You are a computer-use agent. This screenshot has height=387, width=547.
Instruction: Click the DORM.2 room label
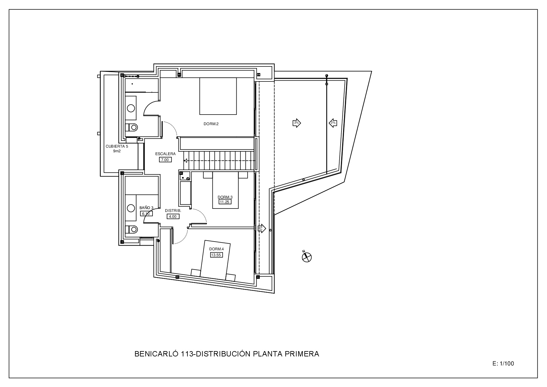[x=211, y=124]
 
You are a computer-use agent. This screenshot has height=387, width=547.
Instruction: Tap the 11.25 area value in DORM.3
[x=225, y=202]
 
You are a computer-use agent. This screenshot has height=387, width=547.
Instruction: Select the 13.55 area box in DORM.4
[x=216, y=255]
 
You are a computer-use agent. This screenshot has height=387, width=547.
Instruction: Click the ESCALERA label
[x=165, y=154]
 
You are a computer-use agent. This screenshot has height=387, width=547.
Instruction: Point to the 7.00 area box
[x=165, y=160]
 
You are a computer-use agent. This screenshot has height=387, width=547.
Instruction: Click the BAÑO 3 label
[x=146, y=208]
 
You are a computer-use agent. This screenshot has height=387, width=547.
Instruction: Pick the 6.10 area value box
[x=147, y=214]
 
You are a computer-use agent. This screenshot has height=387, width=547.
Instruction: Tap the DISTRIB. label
[x=173, y=211]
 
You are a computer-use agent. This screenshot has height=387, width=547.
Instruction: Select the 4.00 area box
[x=173, y=217]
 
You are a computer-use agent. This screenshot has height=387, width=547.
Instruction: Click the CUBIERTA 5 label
[x=117, y=146]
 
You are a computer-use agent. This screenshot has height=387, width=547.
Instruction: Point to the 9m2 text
[x=117, y=151]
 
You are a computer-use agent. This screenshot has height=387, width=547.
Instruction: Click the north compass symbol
[x=307, y=257]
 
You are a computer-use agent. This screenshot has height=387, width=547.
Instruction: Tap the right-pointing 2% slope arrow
[x=297, y=123]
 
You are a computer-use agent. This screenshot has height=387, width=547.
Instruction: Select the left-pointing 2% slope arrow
[x=333, y=123]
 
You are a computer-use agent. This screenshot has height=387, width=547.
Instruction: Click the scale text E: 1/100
[x=503, y=364]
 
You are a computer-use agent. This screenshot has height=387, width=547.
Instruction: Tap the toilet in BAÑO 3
[x=132, y=229]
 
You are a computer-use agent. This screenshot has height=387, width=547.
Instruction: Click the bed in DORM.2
[x=218, y=96]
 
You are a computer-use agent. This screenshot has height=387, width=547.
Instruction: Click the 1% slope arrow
[x=261, y=229]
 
